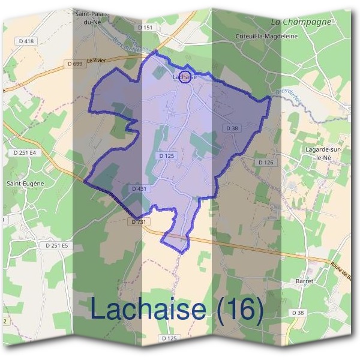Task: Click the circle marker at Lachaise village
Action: (x=187, y=77)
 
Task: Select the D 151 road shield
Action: (x=145, y=28)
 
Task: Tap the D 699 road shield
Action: (x=76, y=63)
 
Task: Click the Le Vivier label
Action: (x=95, y=60)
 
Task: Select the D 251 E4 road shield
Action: (x=25, y=153)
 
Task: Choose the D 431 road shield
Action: (x=139, y=189)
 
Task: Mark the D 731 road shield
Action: (x=137, y=222)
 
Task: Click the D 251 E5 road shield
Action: (x=57, y=245)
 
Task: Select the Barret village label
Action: (x=305, y=281)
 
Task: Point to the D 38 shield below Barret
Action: (x=298, y=313)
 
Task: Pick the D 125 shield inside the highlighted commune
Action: (x=167, y=156)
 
